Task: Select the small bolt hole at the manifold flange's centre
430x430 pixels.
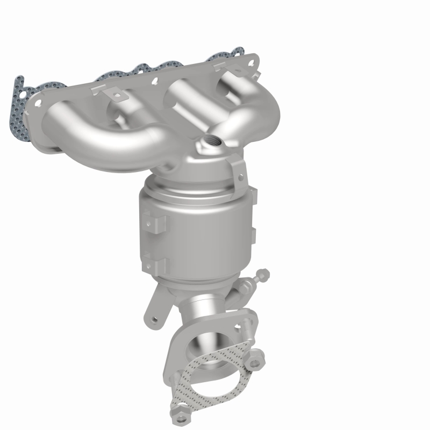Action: [x=154, y=81]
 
